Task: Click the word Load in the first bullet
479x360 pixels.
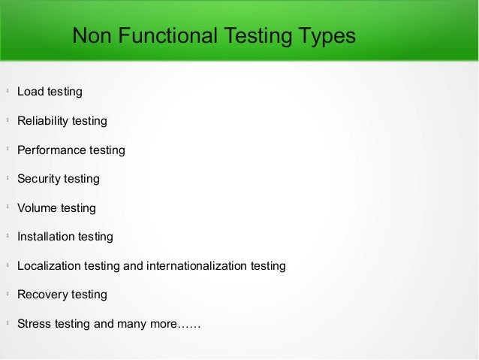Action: click(30, 92)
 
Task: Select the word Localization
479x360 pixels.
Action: click(49, 266)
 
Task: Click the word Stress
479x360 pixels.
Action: click(34, 324)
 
